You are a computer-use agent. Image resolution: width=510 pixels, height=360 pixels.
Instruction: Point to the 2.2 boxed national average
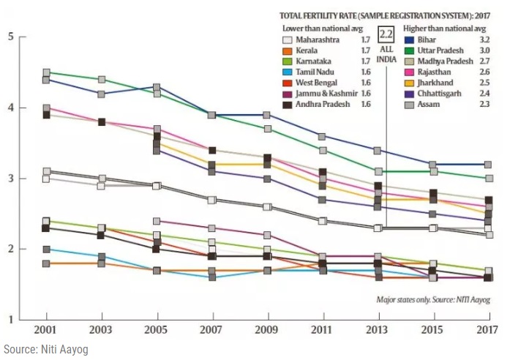pyautogui.click(x=386, y=33)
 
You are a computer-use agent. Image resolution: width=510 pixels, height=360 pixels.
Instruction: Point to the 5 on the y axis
pyautogui.click(x=10, y=37)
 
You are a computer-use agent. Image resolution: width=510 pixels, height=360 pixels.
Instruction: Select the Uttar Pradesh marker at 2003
pyautogui.click(x=102, y=79)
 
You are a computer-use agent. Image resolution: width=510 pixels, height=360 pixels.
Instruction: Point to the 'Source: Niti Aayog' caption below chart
pyautogui.click(x=45, y=350)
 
